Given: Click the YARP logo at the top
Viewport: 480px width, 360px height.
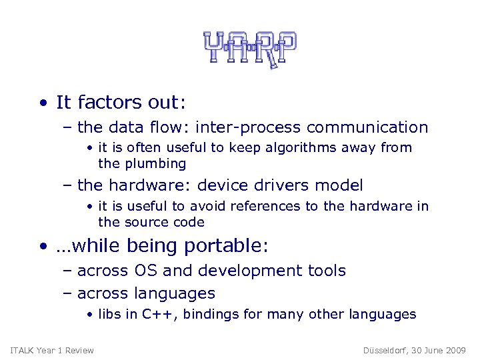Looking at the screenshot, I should [x=249, y=49].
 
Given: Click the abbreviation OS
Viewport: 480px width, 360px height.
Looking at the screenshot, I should [x=145, y=271].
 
